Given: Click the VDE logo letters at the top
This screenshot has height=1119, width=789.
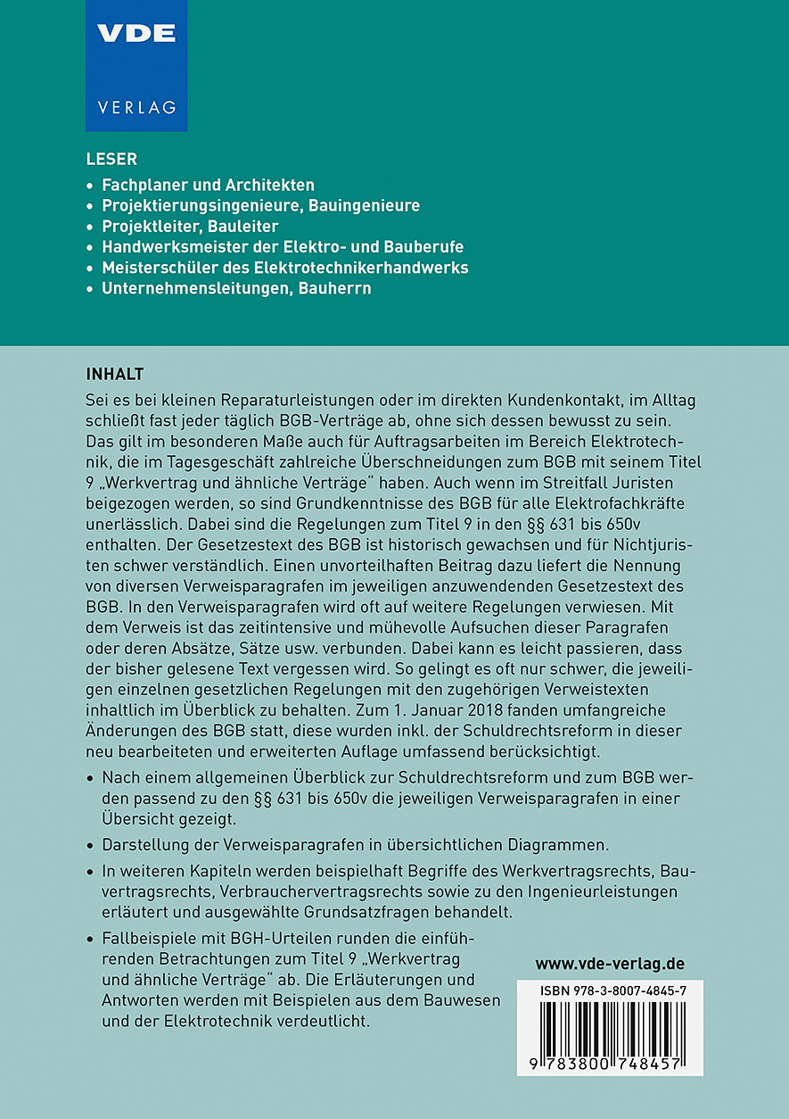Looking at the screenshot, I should pos(136,34).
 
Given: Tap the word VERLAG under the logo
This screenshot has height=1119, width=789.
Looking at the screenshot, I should pos(136,107).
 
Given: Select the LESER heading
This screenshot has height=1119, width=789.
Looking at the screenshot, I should pos(111,160).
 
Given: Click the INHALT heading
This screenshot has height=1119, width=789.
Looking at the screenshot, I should pos(115,372).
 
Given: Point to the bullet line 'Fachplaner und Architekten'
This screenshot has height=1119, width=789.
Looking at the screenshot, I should pos(208,186).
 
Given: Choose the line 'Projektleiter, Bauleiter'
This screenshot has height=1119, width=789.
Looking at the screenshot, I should pos(190,226).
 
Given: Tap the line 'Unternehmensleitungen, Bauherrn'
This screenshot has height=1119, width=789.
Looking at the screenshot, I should pos(236,288).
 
